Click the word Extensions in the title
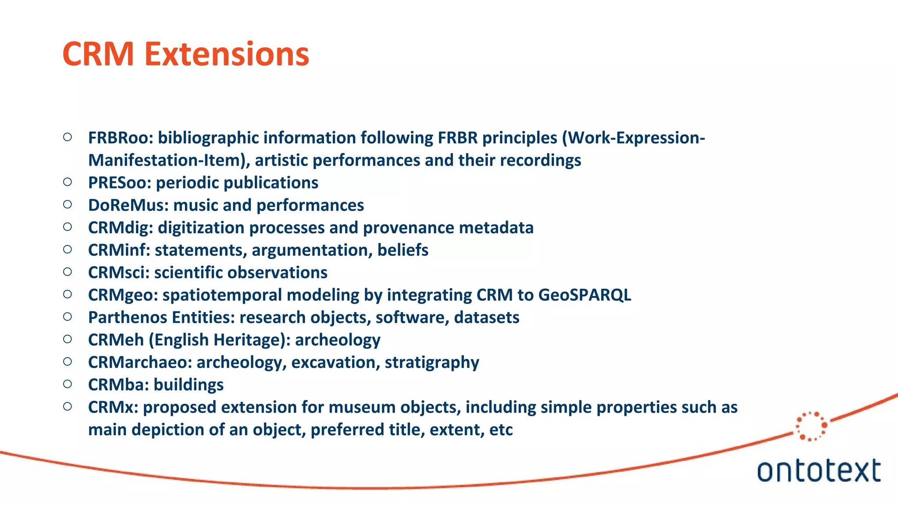point(227,54)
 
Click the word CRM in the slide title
point(98,54)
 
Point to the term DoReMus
point(128,205)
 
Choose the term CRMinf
point(119,250)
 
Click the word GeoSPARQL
point(584,295)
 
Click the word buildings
point(189,385)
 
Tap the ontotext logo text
point(819,471)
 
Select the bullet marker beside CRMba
point(68,384)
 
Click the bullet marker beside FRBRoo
point(68,137)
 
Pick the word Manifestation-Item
point(168,160)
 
